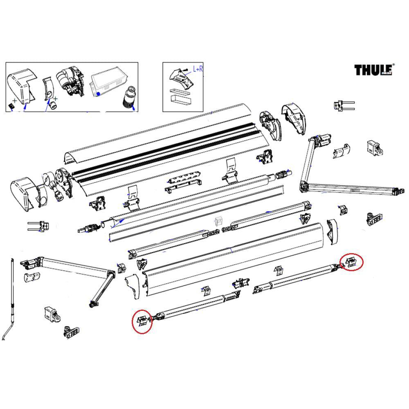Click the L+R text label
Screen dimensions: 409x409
198,70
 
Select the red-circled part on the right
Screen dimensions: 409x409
351,262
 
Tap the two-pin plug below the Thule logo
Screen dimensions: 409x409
343,106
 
